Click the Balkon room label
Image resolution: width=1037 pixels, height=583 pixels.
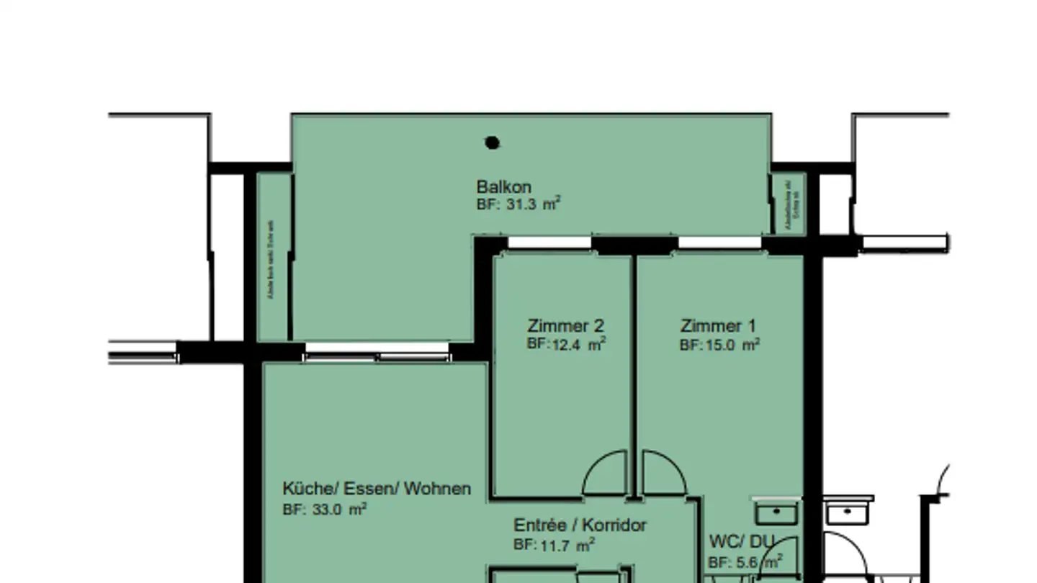coord(503,188)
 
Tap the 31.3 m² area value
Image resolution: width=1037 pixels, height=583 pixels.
coord(518,204)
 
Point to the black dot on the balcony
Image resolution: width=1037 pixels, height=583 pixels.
coord(492,143)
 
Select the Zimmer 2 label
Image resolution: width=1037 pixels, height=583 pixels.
coord(565,325)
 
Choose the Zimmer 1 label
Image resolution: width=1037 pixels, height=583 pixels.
coord(718,326)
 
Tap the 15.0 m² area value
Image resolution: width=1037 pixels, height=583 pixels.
coord(719,345)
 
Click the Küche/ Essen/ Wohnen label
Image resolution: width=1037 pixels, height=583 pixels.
coord(377,489)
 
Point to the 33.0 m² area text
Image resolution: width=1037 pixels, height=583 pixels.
coord(325,510)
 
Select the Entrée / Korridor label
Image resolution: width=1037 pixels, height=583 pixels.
coord(580,525)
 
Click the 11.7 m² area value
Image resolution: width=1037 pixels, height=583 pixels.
coord(554,546)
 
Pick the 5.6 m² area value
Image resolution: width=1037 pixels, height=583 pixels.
coord(745,562)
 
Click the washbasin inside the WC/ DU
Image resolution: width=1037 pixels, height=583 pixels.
coord(776,512)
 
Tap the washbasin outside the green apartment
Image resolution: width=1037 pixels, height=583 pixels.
coord(848,512)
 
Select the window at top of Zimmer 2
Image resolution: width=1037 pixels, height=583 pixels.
coord(549,243)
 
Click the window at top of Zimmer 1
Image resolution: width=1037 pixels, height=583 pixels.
coord(719,243)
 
